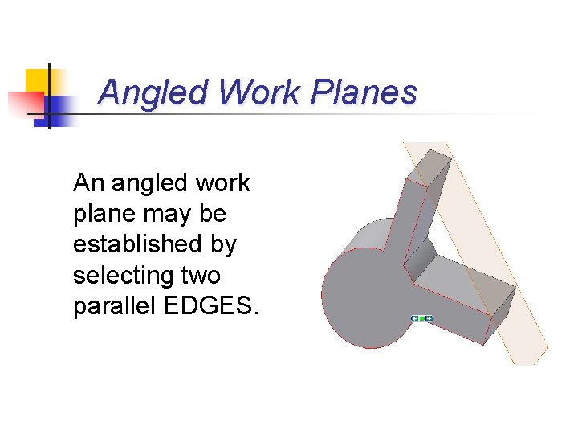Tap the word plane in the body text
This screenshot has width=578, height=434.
(x=100, y=215)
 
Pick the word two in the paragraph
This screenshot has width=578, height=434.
(x=201, y=276)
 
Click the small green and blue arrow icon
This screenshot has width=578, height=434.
(x=421, y=319)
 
